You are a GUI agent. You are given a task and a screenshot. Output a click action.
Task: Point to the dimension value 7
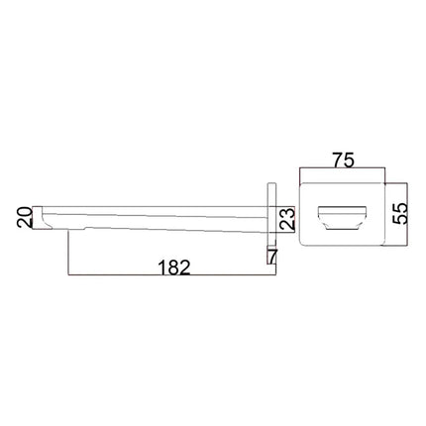tap(272, 257)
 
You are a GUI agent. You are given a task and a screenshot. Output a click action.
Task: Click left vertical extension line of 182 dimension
tap(66, 253)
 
